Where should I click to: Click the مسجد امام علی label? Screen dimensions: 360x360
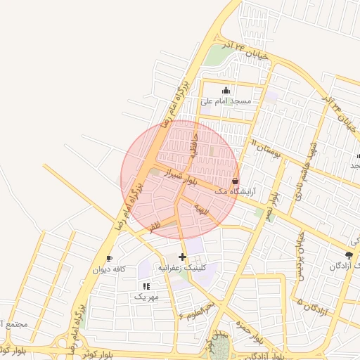(226, 101)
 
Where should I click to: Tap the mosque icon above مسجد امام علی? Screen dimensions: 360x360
(226, 90)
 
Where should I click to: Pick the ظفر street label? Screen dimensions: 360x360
(155, 226)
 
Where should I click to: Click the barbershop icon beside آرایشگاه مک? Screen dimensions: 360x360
(235, 181)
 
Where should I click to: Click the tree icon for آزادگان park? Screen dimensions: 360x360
(349, 255)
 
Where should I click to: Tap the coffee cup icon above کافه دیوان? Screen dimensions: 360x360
(109, 259)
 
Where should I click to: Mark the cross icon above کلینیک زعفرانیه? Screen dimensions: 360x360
(183, 257)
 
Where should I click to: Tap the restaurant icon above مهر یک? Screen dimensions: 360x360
(146, 286)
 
